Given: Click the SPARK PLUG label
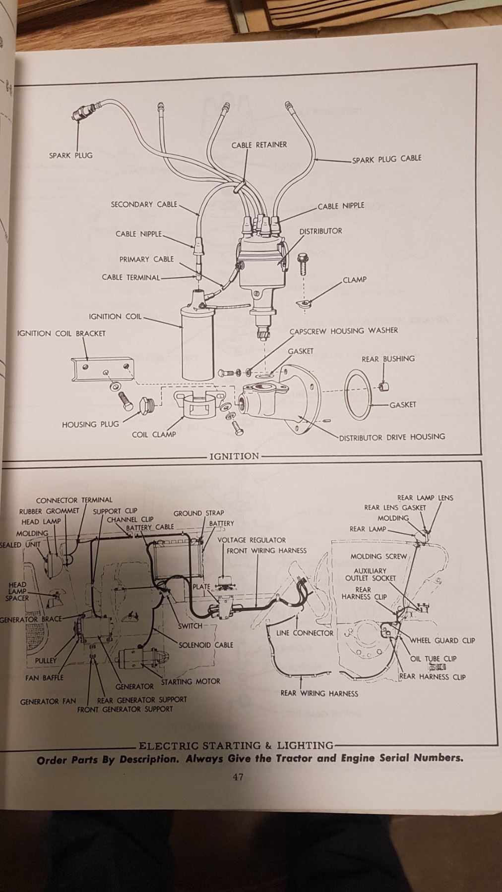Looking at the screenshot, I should tap(70, 155).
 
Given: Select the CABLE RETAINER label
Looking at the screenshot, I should tap(259, 145).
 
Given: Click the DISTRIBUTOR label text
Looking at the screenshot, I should tap(320, 231).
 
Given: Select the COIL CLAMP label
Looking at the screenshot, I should tap(154, 434).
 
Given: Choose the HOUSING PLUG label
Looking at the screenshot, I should tap(90, 424).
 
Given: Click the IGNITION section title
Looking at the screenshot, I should tap(234, 456).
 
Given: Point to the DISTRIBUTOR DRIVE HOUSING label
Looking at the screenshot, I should tap(392, 437).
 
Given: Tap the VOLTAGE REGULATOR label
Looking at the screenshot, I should tap(251, 540).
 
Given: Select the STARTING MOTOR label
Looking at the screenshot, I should tap(190, 681).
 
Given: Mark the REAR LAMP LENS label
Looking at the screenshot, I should tap(425, 498).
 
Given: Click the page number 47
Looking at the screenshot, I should tap(238, 777).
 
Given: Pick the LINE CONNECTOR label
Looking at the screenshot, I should tap(305, 633).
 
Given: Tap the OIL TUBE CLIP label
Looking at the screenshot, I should tap(434, 659).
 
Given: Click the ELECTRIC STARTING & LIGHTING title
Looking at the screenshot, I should tap(236, 745).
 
